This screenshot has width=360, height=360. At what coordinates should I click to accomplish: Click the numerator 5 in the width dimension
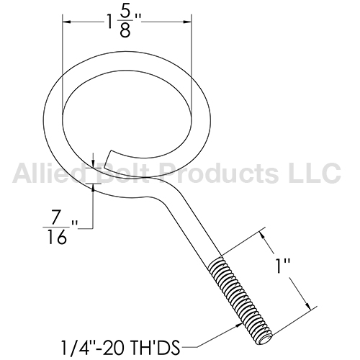tap(125, 14)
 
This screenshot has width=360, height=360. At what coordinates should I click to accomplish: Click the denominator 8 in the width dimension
tap(125, 31)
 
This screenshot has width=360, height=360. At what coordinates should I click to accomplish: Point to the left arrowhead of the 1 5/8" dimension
tap(66, 22)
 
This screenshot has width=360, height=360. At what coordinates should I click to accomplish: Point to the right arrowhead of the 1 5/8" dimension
tap(187, 22)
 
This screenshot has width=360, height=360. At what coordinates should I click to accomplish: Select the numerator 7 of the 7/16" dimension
tap(56, 217)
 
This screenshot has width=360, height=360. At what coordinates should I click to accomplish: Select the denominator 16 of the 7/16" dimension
tap(57, 237)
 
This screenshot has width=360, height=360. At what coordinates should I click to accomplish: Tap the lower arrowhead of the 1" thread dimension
tap(307, 305)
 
